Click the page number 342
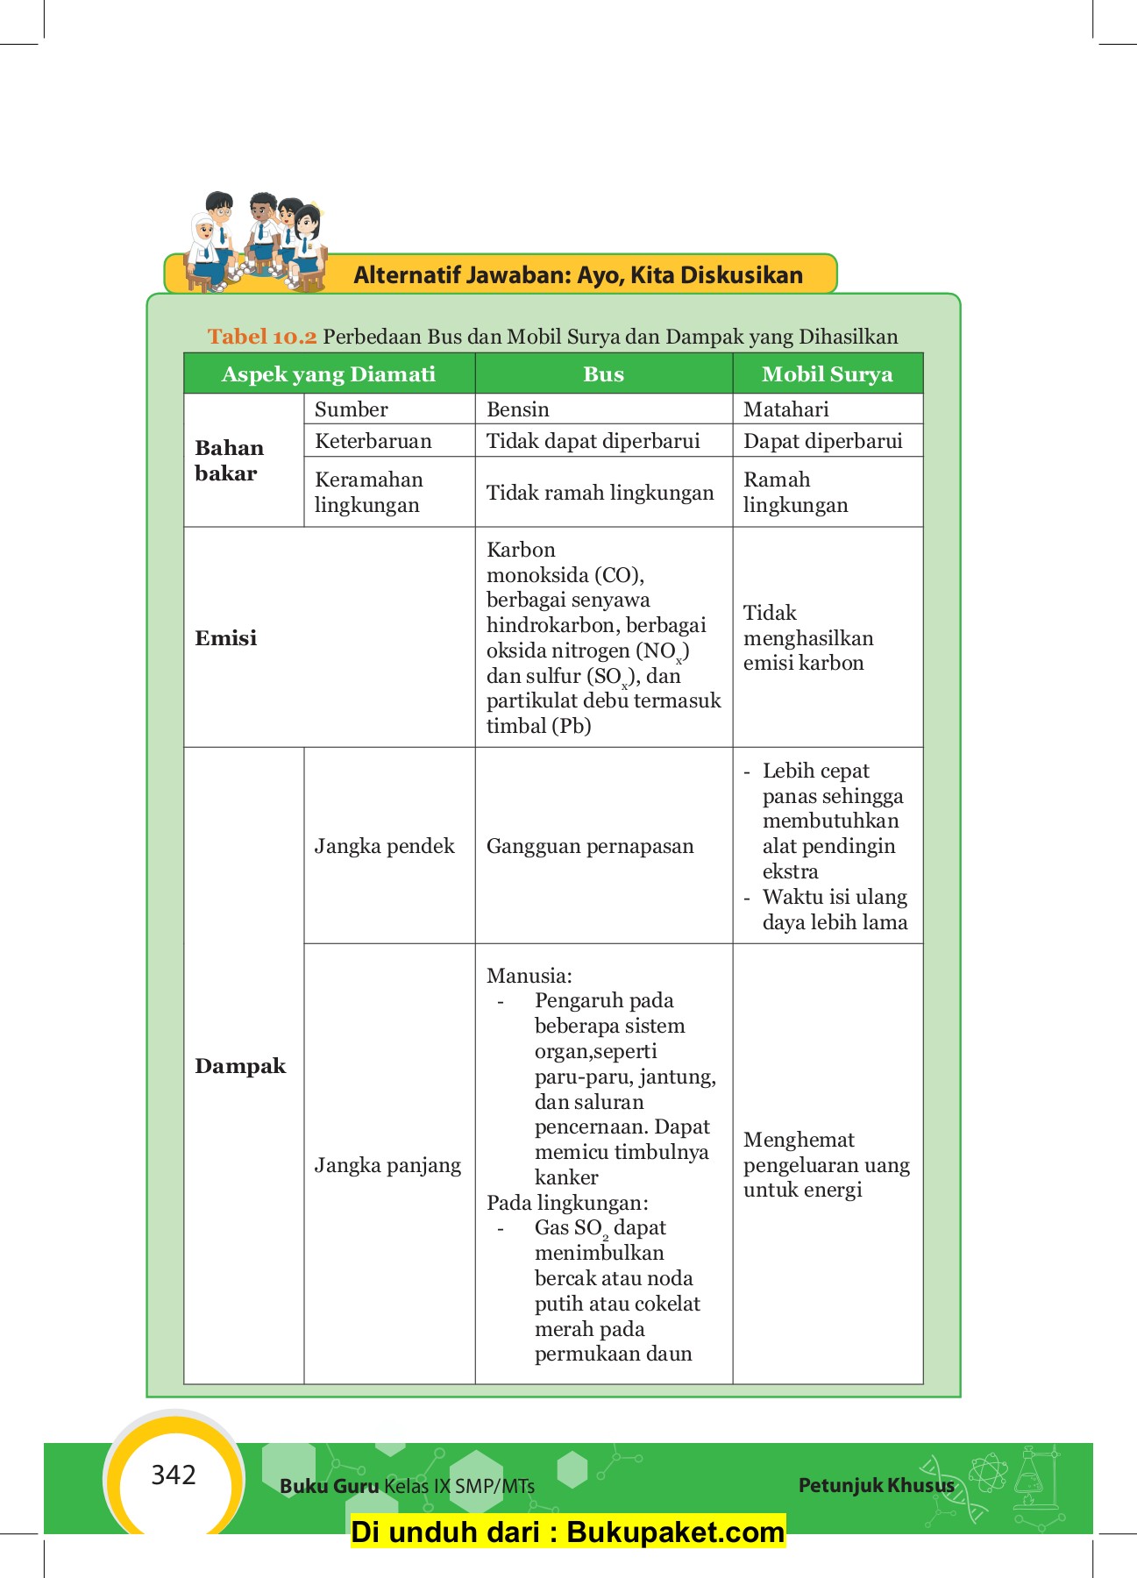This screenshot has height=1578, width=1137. [x=174, y=1475]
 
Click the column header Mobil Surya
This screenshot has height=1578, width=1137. [x=827, y=374]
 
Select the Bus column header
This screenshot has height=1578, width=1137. [x=603, y=374]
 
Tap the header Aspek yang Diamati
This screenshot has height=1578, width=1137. [x=328, y=374]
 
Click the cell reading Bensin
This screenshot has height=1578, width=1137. [x=518, y=409]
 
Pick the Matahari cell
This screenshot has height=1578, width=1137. [x=785, y=409]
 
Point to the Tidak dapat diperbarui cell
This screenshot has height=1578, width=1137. [x=593, y=441]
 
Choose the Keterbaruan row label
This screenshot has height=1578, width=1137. [x=373, y=441]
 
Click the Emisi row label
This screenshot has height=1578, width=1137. [x=226, y=638]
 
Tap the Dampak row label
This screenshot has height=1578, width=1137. [x=240, y=1066]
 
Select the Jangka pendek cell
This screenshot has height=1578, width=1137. [x=384, y=846]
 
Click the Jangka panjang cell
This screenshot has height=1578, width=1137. [x=387, y=1165]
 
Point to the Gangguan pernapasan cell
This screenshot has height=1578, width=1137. [x=590, y=846]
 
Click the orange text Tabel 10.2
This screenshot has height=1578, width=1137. [x=261, y=337]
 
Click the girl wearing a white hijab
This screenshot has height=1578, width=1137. [x=204, y=241]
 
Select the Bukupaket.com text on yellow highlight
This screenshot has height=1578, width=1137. [x=675, y=1532]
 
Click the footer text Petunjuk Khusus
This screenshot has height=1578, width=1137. [x=876, y=1485]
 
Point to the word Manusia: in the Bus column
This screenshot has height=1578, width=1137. [x=529, y=976]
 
